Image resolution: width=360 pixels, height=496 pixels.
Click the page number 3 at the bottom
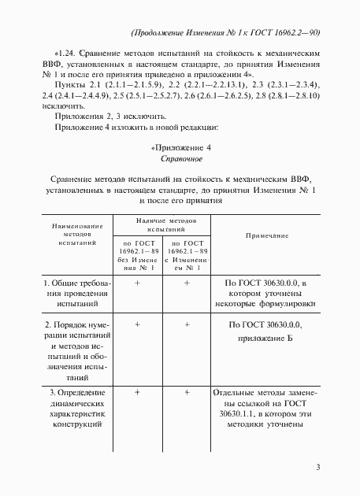[x=317, y=468]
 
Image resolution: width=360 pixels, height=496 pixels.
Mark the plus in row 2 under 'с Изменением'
[x=187, y=324]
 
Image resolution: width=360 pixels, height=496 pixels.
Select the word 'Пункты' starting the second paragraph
[x=64, y=83]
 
